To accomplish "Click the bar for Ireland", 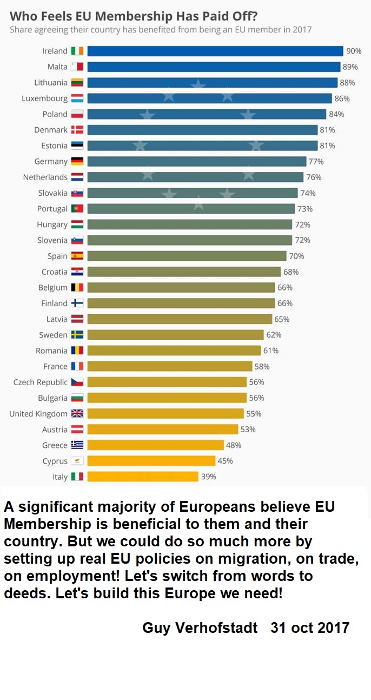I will coord(215,51).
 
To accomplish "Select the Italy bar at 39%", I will coord(143,477).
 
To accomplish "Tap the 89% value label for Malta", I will coord(350,67).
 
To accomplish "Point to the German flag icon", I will coord(77,161).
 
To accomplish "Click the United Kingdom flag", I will coord(77,414).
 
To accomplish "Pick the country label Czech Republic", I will coord(41,382).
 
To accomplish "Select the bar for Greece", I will coord(155,445).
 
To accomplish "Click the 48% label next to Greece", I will coord(234,445).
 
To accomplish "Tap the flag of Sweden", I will coord(77,335).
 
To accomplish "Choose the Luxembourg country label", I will coord(44,98).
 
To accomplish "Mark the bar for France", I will coord(170,366).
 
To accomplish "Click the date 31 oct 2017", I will coord(310,628).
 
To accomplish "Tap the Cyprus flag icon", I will coord(77,461).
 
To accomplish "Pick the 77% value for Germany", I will coord(316,162).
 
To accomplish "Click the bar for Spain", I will coord(187,256).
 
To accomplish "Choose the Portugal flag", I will coord(77,209).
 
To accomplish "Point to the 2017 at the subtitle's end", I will coord(301,30).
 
